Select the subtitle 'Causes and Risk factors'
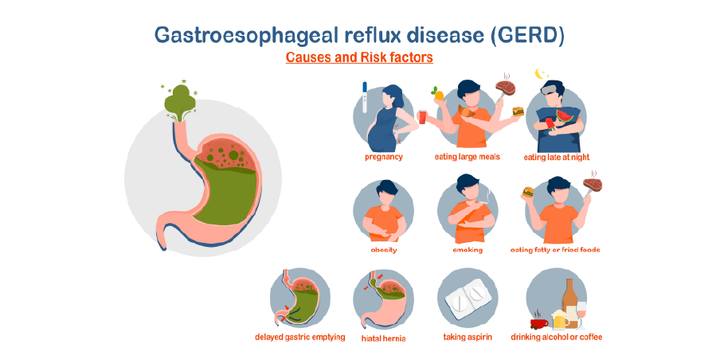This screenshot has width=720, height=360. pos(359,58)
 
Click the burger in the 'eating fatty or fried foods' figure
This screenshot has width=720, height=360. pos(526,192)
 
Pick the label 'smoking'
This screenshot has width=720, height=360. pos(468,249)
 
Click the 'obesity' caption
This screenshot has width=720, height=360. pos(383,249)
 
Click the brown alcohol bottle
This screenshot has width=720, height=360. pos(571,300)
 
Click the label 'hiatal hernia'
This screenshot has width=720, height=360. pos(383,337)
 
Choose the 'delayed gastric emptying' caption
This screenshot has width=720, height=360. pos(300,337)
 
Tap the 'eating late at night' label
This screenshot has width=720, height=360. pos(557,157)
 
